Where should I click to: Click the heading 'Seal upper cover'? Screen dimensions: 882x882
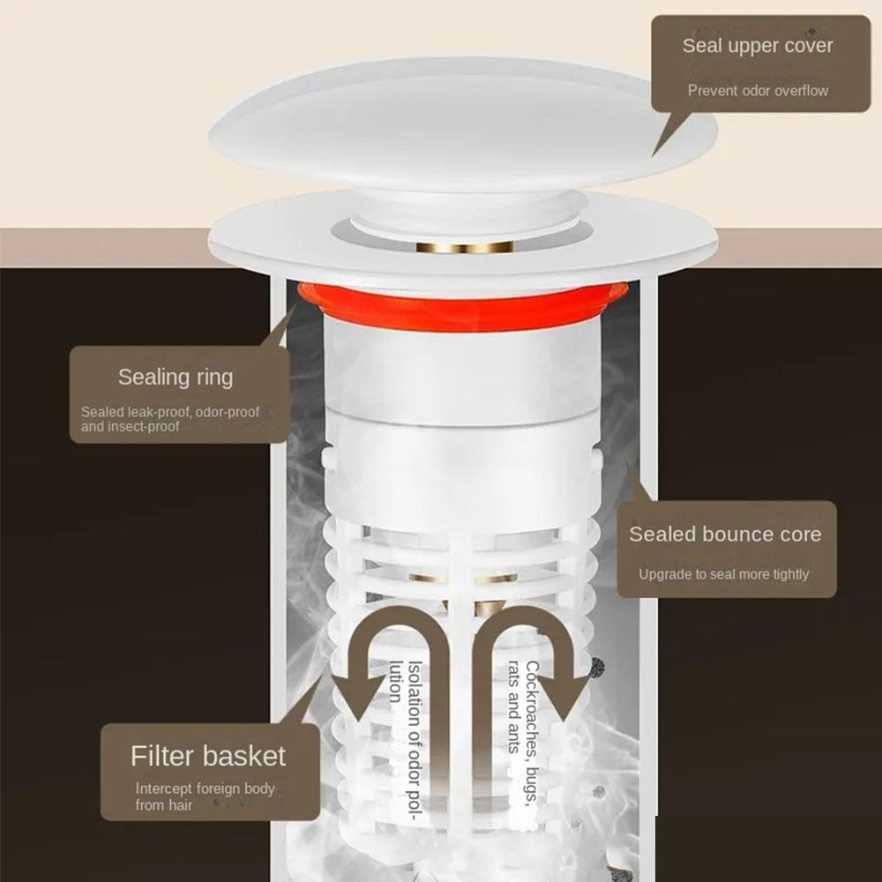[757, 46]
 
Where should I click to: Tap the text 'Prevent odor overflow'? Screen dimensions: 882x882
[758, 90]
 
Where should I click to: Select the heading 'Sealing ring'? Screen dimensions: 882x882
[176, 377]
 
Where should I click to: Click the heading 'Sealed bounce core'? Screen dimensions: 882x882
[724, 534]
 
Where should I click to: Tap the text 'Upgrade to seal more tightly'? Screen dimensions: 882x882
[723, 574]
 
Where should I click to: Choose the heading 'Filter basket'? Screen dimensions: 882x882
[208, 756]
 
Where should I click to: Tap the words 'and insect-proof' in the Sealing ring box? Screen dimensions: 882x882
[131, 427]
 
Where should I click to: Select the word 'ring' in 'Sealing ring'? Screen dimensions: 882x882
[213, 377]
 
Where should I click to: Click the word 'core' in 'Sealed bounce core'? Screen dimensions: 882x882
[796, 534]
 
